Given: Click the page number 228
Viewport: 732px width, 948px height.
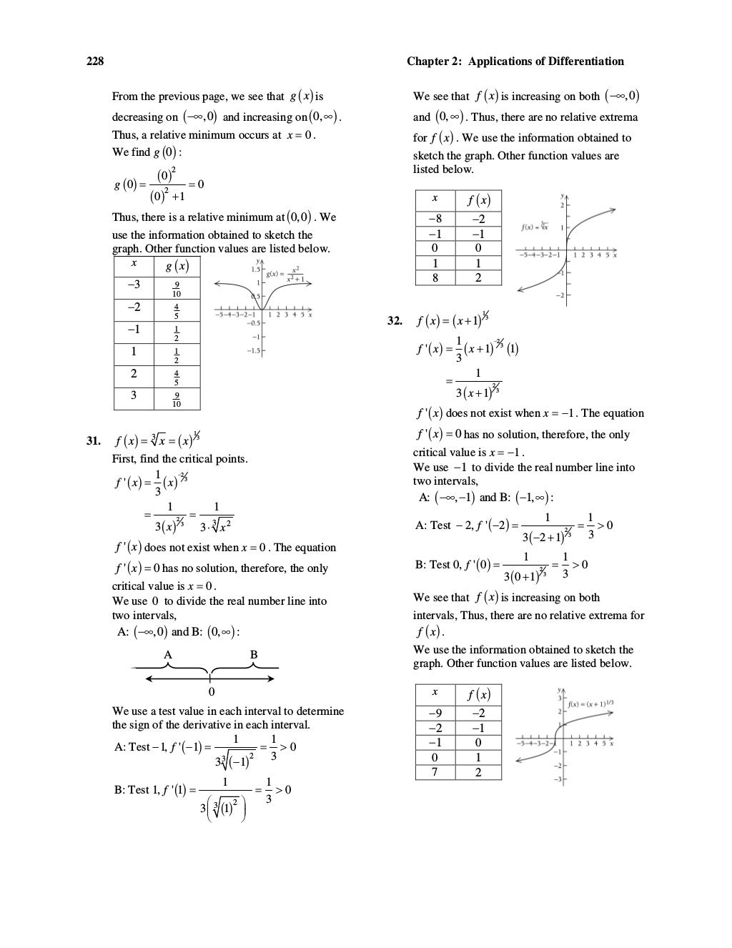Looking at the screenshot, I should pyautogui.click(x=95, y=61).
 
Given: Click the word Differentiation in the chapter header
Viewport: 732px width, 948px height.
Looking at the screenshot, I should pyautogui.click(x=586, y=61).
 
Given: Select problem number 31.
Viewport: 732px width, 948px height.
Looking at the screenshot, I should pyautogui.click(x=93, y=440).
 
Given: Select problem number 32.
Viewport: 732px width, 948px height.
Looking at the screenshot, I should pyautogui.click(x=395, y=321).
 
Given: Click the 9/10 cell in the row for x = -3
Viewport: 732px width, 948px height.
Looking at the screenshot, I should pyautogui.click(x=177, y=289).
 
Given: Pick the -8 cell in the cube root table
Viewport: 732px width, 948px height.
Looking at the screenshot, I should pyautogui.click(x=435, y=219).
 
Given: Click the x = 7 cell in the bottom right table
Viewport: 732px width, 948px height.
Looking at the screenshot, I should pyautogui.click(x=435, y=772).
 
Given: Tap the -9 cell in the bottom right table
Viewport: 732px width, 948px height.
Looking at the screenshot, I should pyautogui.click(x=435, y=714).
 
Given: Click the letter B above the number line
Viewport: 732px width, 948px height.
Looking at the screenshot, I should pyautogui.click(x=254, y=654).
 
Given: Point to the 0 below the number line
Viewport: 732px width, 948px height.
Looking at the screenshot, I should pyautogui.click(x=211, y=692).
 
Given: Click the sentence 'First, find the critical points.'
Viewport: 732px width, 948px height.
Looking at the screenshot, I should pyautogui.click(x=180, y=459).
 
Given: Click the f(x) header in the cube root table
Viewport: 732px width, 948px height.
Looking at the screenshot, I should pyautogui.click(x=478, y=200).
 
